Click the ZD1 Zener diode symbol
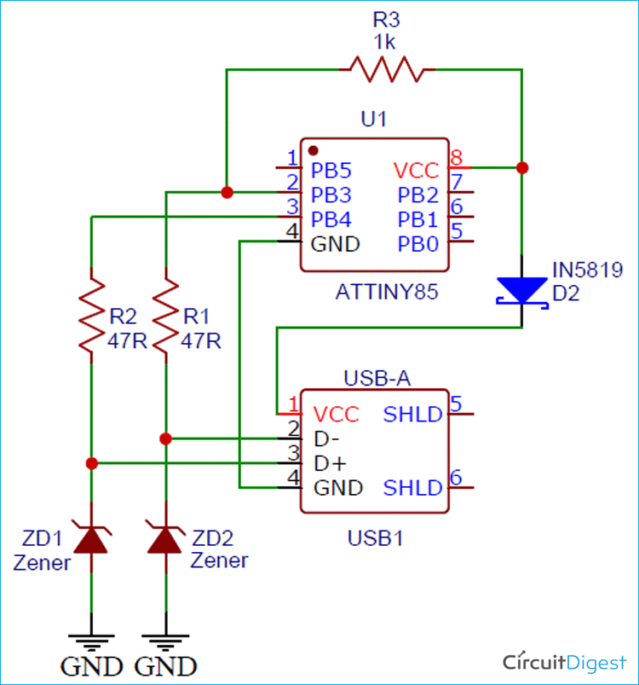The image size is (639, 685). coord(91,539)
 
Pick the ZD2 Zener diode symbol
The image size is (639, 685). coord(166,539)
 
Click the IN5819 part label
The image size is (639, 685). coord(587,270)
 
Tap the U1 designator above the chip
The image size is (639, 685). coord(373,120)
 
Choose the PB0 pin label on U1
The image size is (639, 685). coord(418,244)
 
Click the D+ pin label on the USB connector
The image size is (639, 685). coord(330,464)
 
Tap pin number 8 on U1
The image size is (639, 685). coord(456,158)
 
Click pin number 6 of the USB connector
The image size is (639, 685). coord(456,478)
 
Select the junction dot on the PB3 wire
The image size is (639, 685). coord(227,193)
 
